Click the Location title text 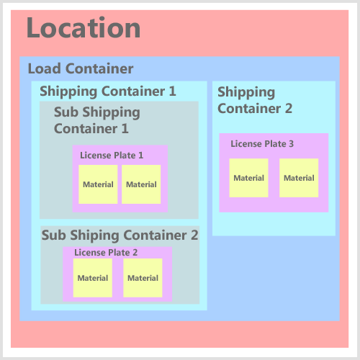[x=84, y=27]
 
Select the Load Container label [x=81, y=68]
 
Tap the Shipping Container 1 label [x=108, y=91]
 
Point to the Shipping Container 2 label [x=255, y=100]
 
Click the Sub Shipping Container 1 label [x=97, y=120]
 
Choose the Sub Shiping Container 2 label [x=120, y=235]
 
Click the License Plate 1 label [x=112, y=156]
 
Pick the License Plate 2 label [x=106, y=253]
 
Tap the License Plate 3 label [x=262, y=144]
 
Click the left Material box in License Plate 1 [x=98, y=184]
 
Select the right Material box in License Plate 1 [x=141, y=184]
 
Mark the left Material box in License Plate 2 [x=93, y=278]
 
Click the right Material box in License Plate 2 [x=143, y=278]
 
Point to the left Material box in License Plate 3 [x=248, y=178]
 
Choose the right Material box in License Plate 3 [x=299, y=178]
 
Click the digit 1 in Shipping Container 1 [x=173, y=91]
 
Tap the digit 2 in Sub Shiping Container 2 [x=194, y=235]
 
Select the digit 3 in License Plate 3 [x=291, y=144]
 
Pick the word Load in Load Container [x=45, y=68]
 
